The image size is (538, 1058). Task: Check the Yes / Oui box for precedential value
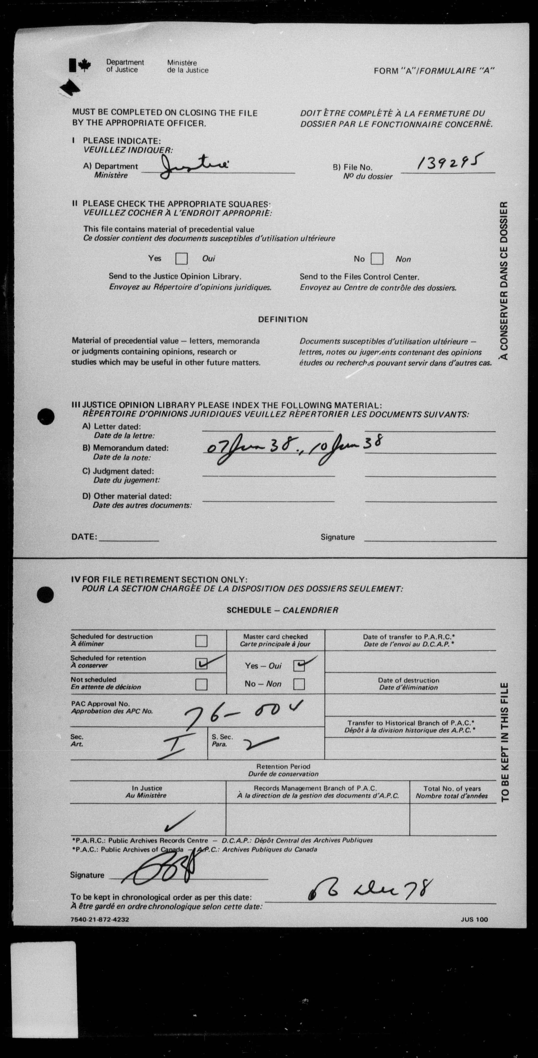coord(181,259)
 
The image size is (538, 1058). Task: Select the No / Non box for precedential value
coord(377,259)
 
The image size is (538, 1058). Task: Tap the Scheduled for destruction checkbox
coord(201,641)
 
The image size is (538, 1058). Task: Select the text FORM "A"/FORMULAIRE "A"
coord(434,71)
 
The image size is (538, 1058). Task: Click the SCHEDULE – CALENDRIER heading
coord(282,610)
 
